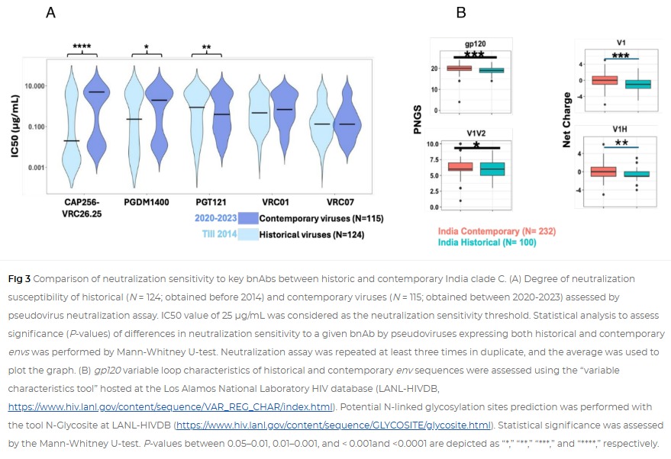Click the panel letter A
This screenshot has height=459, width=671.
50,12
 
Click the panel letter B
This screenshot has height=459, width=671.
461,12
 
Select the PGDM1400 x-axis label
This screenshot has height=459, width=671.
146,203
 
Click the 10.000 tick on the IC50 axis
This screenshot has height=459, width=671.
32,86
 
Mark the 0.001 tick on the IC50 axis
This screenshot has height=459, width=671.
34,168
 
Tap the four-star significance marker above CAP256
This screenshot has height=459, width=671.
82,47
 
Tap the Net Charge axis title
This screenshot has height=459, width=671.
566,120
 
